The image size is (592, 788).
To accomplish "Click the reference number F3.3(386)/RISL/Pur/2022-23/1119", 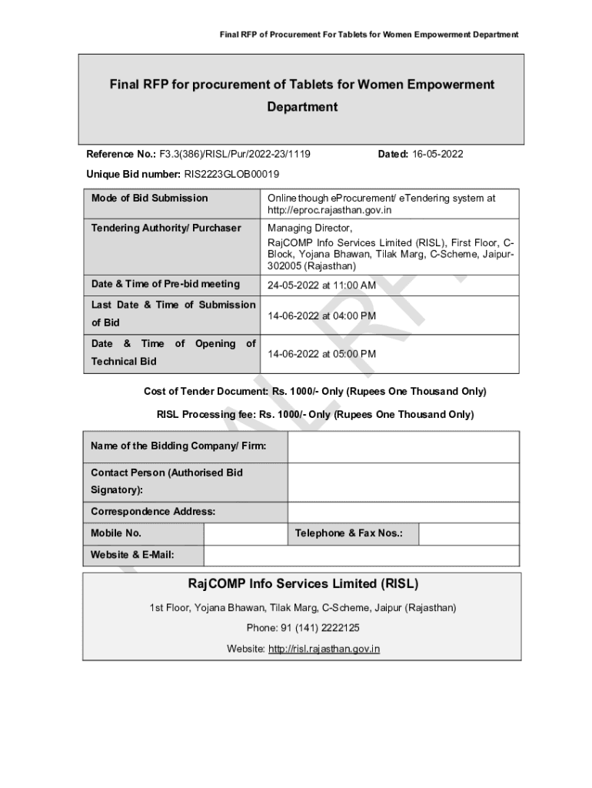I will pos(234,154).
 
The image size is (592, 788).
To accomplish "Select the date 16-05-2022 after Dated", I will pos(437,154).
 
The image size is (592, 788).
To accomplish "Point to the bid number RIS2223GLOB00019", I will pos(231,174).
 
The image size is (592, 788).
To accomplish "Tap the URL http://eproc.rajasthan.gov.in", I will pos(330,209).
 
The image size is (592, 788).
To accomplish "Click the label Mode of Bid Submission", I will pos(149,198).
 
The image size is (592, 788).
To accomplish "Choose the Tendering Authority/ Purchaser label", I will pos(166,228).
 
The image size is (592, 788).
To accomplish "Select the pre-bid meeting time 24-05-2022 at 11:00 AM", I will pos(321,285).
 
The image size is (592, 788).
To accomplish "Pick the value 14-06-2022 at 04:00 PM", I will pos(321,316).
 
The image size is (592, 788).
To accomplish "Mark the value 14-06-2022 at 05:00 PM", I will pos(321,354).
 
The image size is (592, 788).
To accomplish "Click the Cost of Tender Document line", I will pos(315,392).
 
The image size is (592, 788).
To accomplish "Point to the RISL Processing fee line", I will pos(315,414).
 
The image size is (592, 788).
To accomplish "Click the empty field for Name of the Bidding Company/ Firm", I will pos(403,446).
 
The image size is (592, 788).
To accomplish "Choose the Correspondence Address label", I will pos(153,512).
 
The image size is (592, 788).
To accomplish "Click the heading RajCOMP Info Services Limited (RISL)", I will pos(302,584).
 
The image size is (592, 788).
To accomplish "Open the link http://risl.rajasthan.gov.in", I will pos(324,649).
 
